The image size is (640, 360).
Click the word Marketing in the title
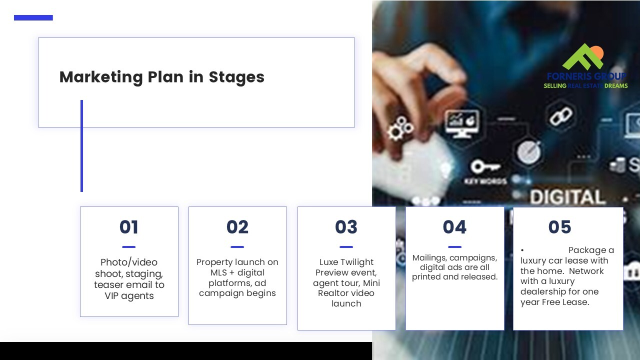101,77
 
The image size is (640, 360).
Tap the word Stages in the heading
236,77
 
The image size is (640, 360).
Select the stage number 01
129,227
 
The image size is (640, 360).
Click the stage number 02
237,227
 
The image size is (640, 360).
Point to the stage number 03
346,227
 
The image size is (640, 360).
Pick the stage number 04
454,227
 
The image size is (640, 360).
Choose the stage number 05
559,227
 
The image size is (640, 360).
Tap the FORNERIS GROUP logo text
586,76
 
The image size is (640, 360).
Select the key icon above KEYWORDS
485,166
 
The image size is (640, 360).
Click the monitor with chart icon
463,123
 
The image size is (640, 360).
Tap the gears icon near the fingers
400,128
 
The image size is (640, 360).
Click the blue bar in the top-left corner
33,17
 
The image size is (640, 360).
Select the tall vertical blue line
81,145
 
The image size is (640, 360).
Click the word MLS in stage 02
219,272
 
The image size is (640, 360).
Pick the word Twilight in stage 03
357,262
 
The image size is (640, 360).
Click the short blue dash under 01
128,247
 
